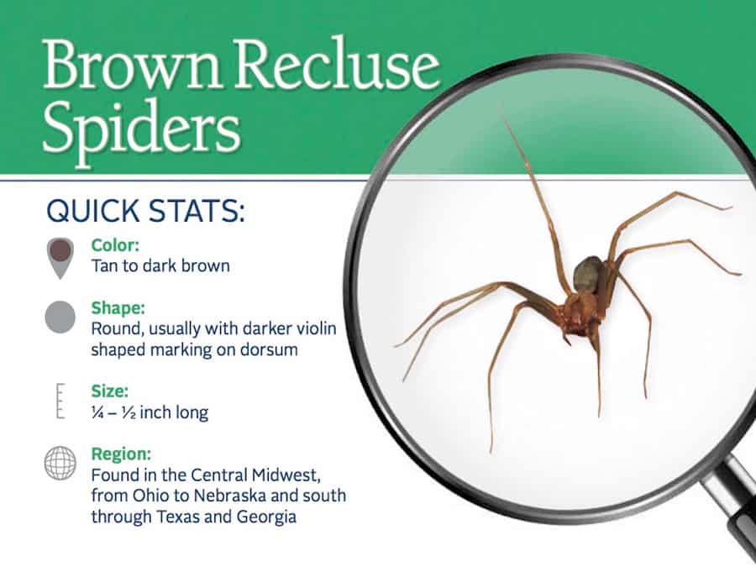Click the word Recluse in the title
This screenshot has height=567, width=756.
(337, 64)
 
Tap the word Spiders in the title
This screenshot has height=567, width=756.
(141, 129)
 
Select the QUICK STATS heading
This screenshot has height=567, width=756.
(145, 211)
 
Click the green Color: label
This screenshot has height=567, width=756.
(115, 245)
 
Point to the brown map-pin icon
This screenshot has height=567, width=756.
(60, 258)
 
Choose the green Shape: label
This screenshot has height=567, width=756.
(118, 307)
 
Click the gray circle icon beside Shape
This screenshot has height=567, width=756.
(60, 317)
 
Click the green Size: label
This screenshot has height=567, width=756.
(109, 391)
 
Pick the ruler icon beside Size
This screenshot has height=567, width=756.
(60, 401)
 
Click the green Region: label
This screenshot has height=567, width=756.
(121, 454)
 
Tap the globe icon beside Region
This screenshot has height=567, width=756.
(60, 463)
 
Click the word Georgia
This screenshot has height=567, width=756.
(266, 517)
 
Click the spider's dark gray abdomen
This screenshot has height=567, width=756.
(588, 275)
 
